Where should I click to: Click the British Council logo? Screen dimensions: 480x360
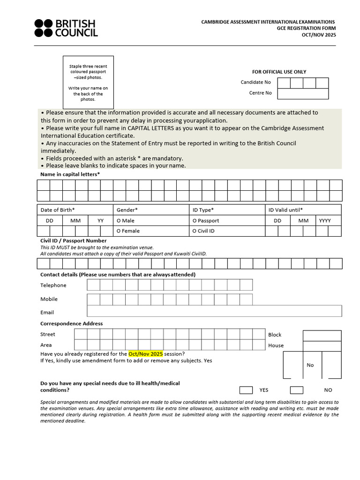pyautogui.click(x=66, y=28)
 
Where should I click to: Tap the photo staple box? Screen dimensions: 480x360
pyautogui.click(x=88, y=82)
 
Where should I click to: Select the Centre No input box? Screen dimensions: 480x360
pyautogui.click(x=303, y=93)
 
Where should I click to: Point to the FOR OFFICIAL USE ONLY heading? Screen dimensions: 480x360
pyautogui.click(x=279, y=72)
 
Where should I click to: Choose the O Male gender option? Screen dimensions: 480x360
pyautogui.click(x=125, y=220)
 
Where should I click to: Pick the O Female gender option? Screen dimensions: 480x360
pyautogui.click(x=128, y=231)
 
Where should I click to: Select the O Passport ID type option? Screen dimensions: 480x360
pyautogui.click(x=205, y=220)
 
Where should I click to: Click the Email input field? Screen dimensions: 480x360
pyautogui.click(x=214, y=311)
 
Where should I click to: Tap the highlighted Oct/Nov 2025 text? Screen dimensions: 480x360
pyautogui.click(x=145, y=354)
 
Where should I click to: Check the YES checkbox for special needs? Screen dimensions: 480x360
pyautogui.click(x=246, y=390)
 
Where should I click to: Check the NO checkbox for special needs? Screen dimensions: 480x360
pyautogui.click(x=296, y=390)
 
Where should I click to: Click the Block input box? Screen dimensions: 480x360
pyautogui.click(x=322, y=336)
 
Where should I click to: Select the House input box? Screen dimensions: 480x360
pyautogui.click(x=322, y=346)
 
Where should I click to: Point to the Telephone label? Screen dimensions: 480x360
pyautogui.click(x=53, y=285)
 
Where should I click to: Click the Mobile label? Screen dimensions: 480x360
pyautogui.click(x=49, y=299)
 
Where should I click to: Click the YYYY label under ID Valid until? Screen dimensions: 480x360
pyautogui.click(x=325, y=220)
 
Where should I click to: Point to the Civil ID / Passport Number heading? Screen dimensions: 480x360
pyautogui.click(x=74, y=240)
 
